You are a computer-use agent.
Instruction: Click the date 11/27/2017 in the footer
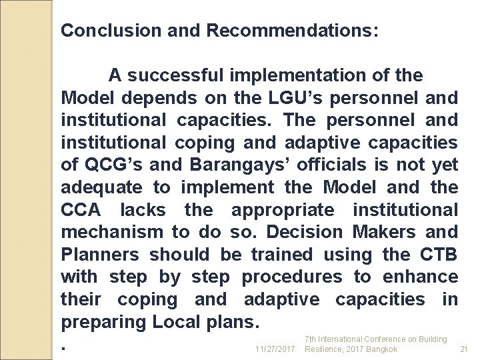coord(275,349)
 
